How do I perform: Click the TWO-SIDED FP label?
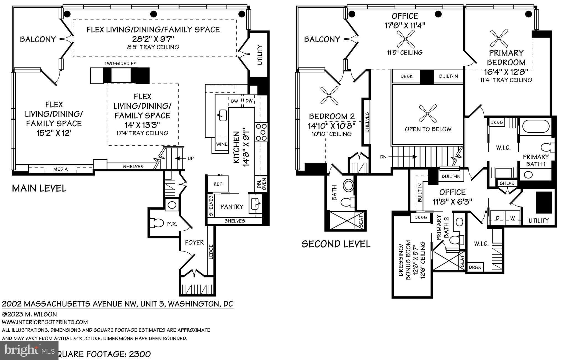click(x=120, y=64)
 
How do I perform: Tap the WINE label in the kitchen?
click(x=221, y=144)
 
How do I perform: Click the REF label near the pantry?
click(x=218, y=184)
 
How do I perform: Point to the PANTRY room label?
click(x=232, y=207)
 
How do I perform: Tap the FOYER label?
click(x=194, y=243)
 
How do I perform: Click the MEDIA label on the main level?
click(x=60, y=169)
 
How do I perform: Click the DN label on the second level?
click(x=383, y=157)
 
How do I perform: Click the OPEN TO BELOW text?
click(x=428, y=129)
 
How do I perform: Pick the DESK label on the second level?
click(x=406, y=76)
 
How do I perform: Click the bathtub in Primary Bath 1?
click(x=535, y=127)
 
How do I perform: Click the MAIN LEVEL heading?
click(x=39, y=189)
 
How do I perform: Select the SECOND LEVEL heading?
click(x=336, y=244)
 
